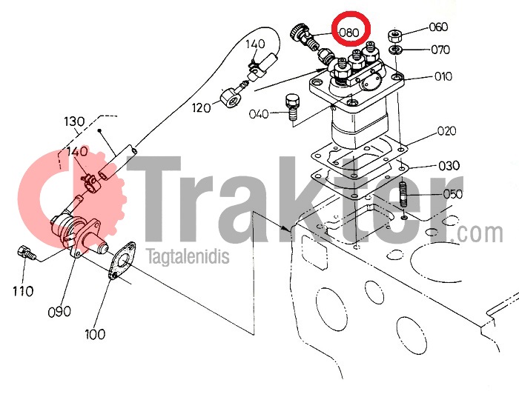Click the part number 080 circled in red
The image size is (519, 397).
[349, 33]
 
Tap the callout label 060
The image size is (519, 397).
[439, 27]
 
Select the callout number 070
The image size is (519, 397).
[440, 50]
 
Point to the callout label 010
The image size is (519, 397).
[443, 76]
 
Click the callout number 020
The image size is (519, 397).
[447, 131]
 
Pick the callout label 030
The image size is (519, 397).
[449, 165]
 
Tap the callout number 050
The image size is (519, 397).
[453, 194]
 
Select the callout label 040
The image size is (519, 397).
[259, 114]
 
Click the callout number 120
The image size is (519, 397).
[201, 107]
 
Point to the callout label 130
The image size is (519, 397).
[74, 121]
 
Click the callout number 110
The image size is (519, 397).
[23, 291]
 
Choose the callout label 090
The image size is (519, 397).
[59, 312]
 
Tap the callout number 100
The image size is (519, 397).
[95, 334]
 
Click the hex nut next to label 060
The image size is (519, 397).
[394, 36]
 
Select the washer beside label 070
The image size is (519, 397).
[395, 50]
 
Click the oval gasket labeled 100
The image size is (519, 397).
[122, 261]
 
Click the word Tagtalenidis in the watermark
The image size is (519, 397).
[188, 256]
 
